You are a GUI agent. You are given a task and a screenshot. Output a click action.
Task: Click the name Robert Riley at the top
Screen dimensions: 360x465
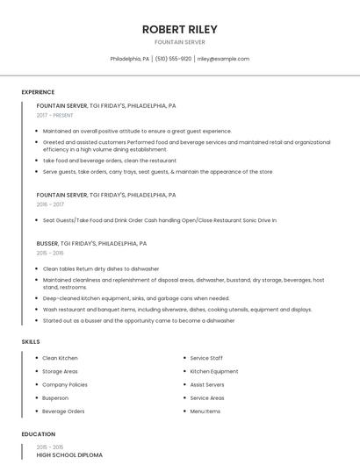pos(179,29)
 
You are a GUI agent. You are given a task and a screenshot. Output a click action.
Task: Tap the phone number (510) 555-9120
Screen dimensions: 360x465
pos(174,59)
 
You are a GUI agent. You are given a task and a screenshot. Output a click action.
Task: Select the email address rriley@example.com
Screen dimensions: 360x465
pos(223,59)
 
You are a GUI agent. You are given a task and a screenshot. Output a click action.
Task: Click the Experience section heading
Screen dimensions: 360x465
pos(38,92)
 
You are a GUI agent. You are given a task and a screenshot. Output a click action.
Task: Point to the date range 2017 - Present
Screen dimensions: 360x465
pos(55,115)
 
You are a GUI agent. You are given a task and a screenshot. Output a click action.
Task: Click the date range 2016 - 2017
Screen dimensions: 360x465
pos(50,204)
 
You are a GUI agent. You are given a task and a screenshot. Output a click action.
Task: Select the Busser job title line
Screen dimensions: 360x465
pos(91,243)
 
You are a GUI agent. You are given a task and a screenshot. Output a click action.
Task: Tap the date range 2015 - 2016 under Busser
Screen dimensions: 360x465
pos(50,253)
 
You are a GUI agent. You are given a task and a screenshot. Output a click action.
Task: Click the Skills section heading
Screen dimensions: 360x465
pos(31,340)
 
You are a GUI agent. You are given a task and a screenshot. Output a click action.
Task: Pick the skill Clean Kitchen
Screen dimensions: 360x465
pos(60,358)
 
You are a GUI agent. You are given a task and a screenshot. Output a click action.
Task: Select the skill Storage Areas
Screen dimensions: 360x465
pos(60,371)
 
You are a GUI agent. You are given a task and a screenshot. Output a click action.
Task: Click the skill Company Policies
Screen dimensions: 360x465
pos(65,384)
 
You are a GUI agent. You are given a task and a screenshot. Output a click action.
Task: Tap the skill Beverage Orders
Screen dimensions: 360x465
pos(63,411)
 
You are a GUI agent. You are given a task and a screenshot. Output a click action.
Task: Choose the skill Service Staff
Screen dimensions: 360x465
pos(206,358)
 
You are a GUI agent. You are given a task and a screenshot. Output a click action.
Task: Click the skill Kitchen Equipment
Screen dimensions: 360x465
pos(213,371)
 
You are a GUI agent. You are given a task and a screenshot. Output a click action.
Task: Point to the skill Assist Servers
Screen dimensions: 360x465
pos(207,384)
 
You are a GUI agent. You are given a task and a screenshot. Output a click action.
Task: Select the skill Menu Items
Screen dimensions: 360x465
pos(205,411)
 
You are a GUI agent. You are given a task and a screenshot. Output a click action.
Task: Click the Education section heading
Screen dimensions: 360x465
pos(39,434)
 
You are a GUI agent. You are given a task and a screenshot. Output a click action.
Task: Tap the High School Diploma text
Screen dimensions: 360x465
pos(69,455)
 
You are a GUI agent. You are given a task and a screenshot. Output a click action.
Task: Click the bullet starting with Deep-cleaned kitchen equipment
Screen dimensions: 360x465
pos(136,298)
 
